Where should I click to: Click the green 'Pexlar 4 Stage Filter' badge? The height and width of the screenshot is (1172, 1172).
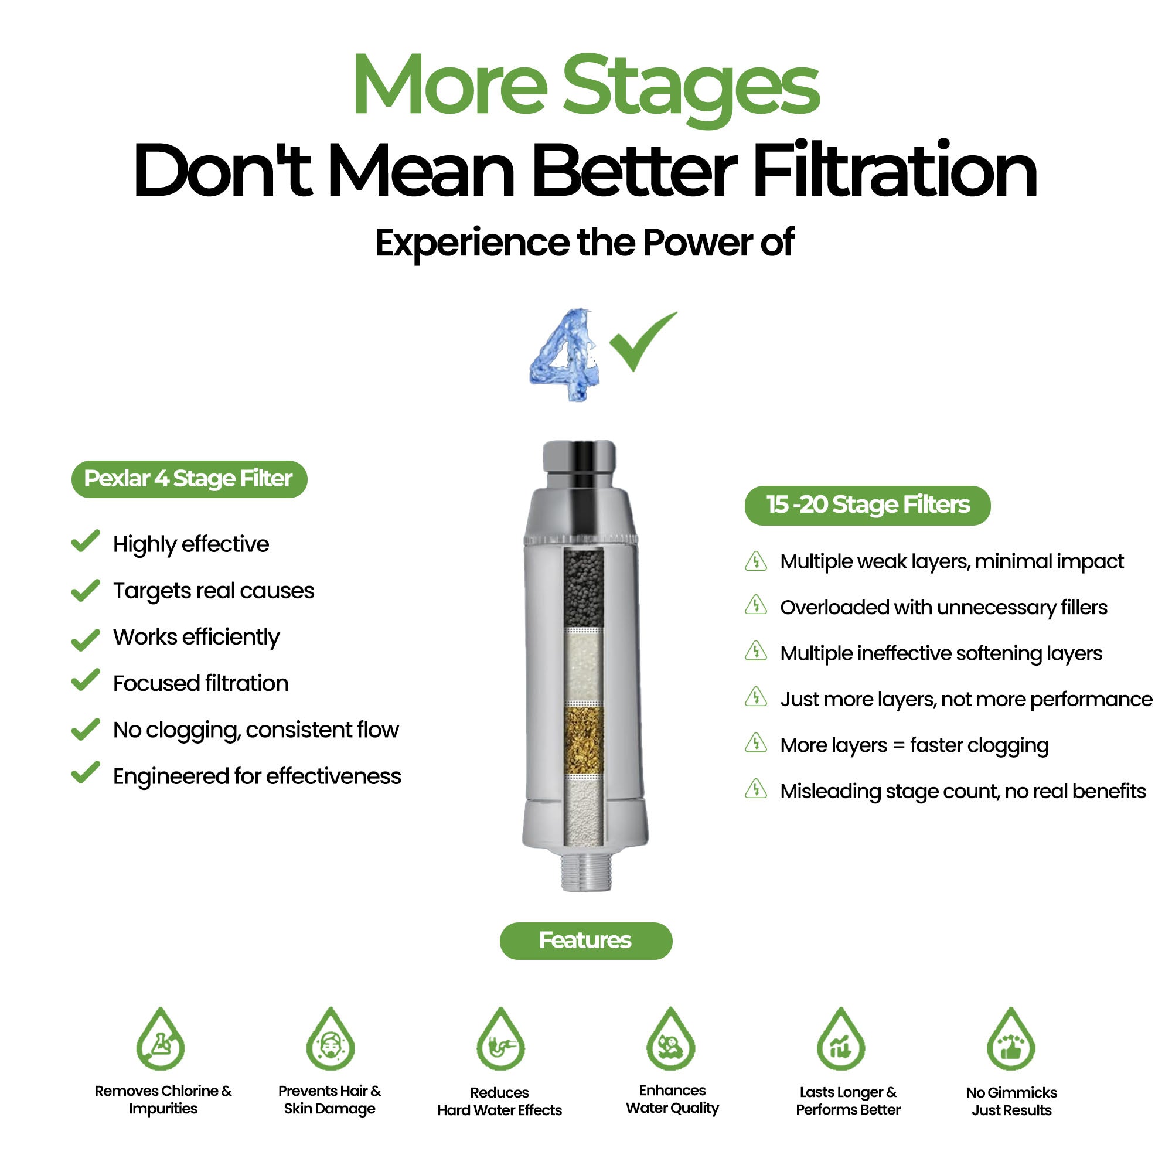click(x=189, y=479)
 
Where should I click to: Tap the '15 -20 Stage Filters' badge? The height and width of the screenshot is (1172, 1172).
click(x=867, y=505)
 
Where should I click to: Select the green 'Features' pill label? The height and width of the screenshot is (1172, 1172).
click(x=586, y=941)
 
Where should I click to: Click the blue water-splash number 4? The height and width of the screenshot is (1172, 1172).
click(x=565, y=355)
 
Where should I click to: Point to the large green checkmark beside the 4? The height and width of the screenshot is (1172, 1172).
click(x=642, y=342)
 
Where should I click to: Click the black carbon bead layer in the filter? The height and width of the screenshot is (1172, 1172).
click(x=584, y=588)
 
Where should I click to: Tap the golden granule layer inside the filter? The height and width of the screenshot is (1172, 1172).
click(x=584, y=740)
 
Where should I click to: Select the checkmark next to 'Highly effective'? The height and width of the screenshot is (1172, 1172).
click(x=86, y=540)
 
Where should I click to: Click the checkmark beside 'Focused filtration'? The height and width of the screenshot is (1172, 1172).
click(x=86, y=679)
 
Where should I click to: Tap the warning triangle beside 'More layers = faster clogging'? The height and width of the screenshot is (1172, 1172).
click(x=756, y=743)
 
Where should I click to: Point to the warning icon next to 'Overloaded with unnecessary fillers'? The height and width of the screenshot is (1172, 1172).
click(x=756, y=605)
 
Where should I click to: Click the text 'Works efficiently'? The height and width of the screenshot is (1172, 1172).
click(x=196, y=638)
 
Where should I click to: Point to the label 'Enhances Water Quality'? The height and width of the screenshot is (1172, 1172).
click(x=672, y=1099)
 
